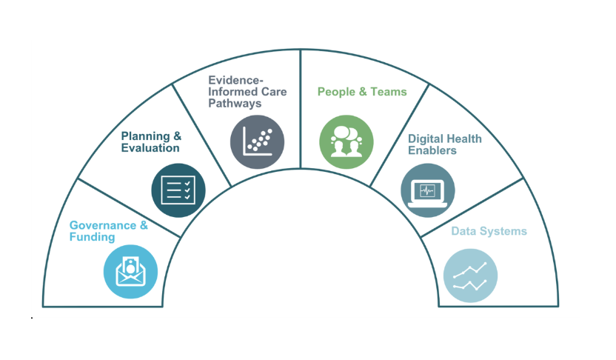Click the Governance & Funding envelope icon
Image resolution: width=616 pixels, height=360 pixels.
click(x=131, y=271)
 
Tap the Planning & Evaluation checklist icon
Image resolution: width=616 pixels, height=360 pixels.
click(x=178, y=190)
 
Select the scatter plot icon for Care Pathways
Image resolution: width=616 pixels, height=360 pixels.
click(x=257, y=141)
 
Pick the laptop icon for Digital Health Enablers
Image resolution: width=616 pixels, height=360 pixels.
click(x=428, y=190)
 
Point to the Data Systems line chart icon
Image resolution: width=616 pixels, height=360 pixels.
click(x=470, y=275)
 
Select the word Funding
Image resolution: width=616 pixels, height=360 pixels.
click(x=92, y=237)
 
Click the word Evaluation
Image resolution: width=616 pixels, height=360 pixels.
click(x=150, y=147)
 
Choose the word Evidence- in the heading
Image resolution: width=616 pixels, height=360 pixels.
click(x=236, y=80)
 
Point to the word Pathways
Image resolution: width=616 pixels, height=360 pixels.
click(x=235, y=104)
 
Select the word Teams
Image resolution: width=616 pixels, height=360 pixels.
click(x=388, y=92)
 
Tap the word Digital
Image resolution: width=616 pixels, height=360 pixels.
click(x=424, y=139)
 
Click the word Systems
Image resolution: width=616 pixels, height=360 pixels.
click(x=502, y=231)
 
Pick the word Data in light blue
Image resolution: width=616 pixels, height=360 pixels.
click(x=463, y=231)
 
